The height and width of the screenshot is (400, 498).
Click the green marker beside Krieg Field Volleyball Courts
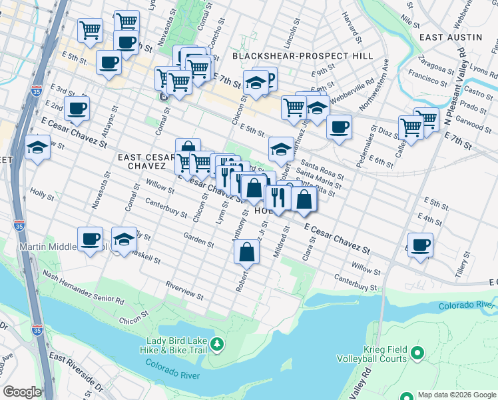click(417, 353)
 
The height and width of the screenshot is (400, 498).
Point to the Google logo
click(22, 392)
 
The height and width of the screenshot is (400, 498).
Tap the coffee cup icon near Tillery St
click(419, 245)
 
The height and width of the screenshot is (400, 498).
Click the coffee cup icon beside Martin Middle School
click(90, 239)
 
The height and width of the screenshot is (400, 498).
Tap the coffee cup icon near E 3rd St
click(77, 108)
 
